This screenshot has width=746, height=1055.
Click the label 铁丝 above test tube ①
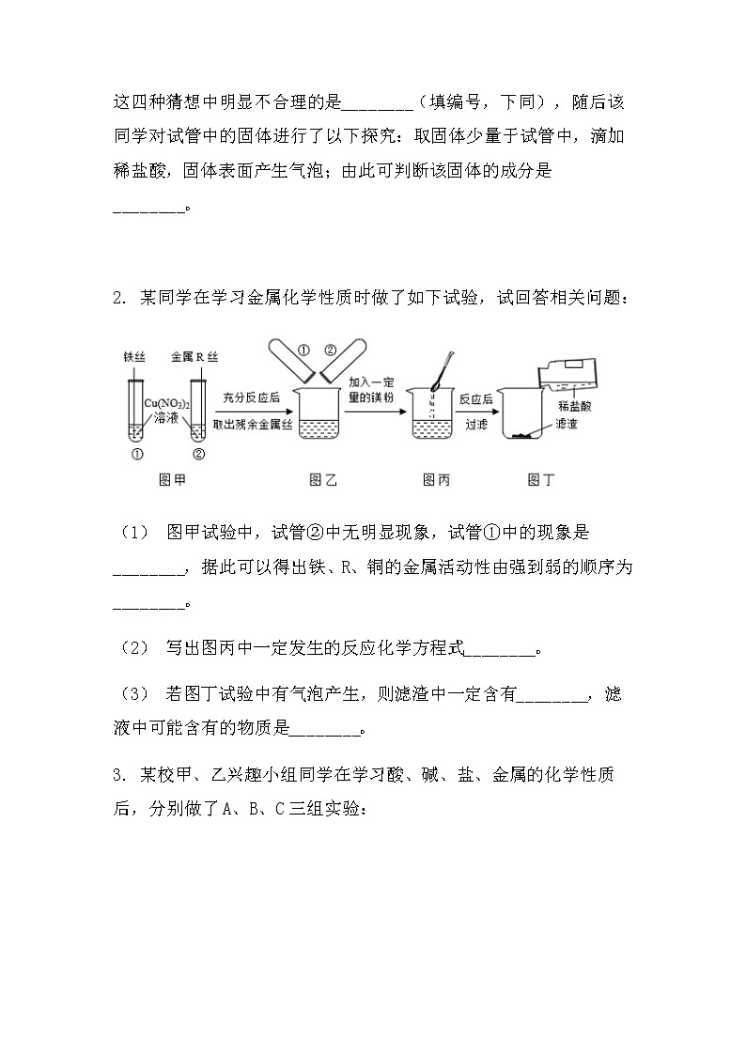click(135, 358)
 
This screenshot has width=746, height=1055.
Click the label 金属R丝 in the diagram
click(194, 358)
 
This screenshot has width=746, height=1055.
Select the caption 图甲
click(171, 480)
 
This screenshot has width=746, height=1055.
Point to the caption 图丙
click(436, 480)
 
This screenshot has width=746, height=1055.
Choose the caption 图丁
click(541, 480)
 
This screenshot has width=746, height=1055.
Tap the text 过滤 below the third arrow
click(476, 424)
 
